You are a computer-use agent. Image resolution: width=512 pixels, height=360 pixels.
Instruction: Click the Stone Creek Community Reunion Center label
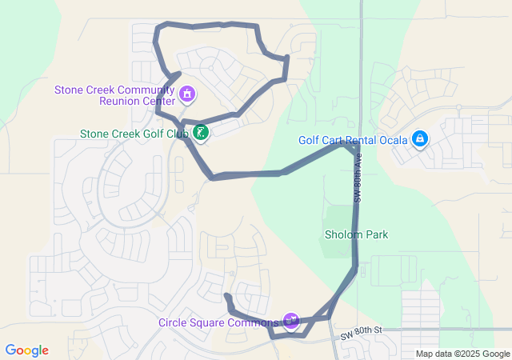coord(114,94)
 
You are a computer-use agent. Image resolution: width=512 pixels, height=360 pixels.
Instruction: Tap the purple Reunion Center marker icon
coord(187,95)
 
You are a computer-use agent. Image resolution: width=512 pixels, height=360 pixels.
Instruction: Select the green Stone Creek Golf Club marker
coord(201,133)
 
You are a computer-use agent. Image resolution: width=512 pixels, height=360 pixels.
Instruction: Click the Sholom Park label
coord(356,234)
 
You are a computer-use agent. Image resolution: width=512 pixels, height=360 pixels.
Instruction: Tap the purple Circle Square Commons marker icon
coord(291,322)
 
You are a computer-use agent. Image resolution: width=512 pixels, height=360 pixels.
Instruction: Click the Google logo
coord(27,350)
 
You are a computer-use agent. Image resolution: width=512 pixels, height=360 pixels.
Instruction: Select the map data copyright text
coord(462,354)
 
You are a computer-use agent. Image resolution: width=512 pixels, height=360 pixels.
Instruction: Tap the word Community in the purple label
coord(141,89)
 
